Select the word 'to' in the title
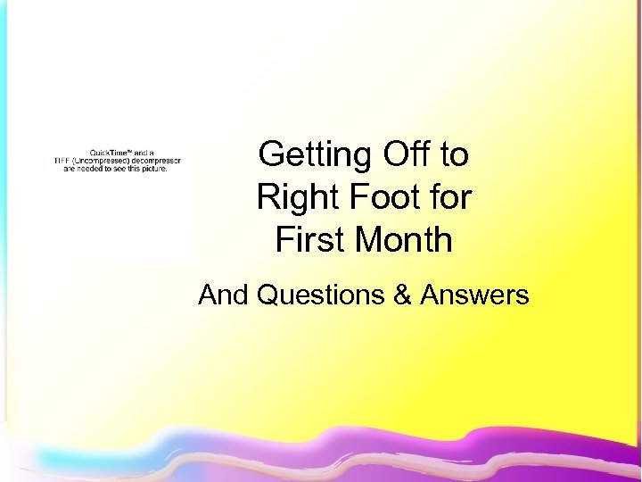(x=454, y=155)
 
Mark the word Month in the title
(x=401, y=239)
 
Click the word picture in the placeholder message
(x=152, y=168)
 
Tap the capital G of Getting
(x=268, y=155)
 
